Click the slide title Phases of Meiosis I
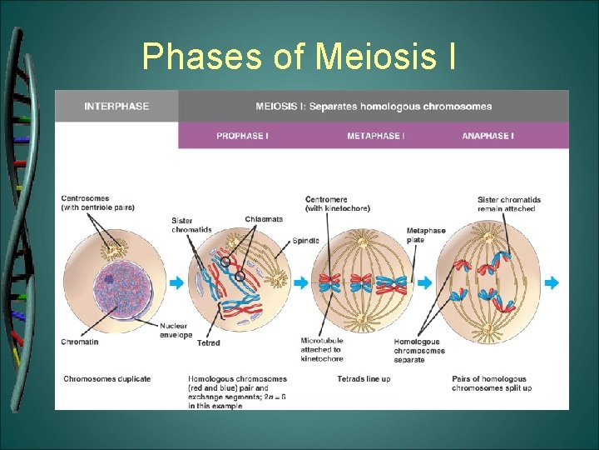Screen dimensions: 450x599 click(x=299, y=56)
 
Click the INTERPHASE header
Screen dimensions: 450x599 click(x=116, y=107)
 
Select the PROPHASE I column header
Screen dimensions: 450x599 click(x=242, y=136)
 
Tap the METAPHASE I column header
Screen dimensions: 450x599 click(x=375, y=136)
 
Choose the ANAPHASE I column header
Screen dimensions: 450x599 click(x=488, y=136)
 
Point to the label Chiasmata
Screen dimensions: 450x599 click(x=264, y=219)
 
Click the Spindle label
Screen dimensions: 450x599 click(x=305, y=241)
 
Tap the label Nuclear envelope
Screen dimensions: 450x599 click(x=176, y=330)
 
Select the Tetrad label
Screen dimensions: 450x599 click(x=208, y=342)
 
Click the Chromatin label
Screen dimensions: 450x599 click(x=80, y=342)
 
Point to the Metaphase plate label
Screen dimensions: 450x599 click(x=425, y=235)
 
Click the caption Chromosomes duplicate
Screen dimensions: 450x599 click(x=106, y=379)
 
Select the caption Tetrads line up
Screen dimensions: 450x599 click(x=364, y=379)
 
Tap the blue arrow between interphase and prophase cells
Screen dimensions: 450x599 click(x=176, y=283)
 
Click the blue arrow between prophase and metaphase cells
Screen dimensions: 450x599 click(x=301, y=283)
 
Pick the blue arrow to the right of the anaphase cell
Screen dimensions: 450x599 click(x=552, y=283)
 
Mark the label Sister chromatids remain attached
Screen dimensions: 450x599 click(x=509, y=204)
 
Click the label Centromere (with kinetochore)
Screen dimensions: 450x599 click(x=337, y=204)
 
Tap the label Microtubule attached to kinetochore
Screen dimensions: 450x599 click(x=322, y=350)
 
